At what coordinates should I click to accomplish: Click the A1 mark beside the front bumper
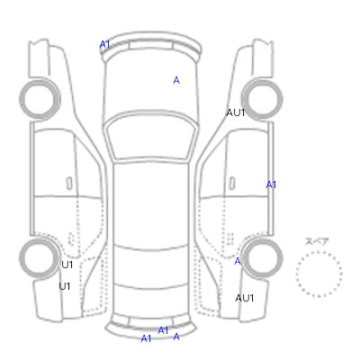[x=104, y=45]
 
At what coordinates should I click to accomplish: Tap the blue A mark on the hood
[x=176, y=80]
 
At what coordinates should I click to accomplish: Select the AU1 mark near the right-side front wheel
[x=236, y=112]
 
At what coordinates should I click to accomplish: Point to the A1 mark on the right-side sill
[x=271, y=184]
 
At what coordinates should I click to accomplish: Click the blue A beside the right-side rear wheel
[x=238, y=262]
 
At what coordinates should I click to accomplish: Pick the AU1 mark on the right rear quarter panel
[x=245, y=298]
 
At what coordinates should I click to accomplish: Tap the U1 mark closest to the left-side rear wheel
[x=67, y=265]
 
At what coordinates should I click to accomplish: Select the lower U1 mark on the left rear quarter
[x=65, y=286]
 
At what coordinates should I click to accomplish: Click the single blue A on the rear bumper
[x=176, y=337]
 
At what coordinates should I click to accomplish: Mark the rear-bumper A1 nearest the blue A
[x=163, y=330]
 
